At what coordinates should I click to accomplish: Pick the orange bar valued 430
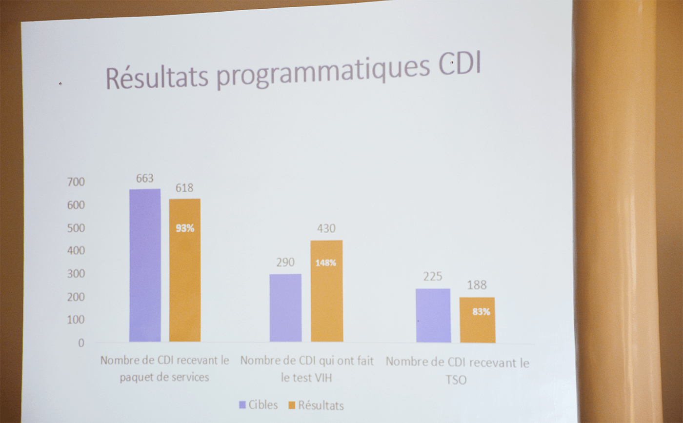pos(326,291)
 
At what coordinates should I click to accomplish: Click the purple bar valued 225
pos(433,315)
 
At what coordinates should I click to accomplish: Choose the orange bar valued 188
pos(477,320)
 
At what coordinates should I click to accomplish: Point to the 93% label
pos(185,228)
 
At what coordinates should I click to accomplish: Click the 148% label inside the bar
pos(326,262)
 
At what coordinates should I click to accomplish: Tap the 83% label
pos(481,312)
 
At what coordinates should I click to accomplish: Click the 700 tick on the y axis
pos(76,182)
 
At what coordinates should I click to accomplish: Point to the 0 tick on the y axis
pos(80,343)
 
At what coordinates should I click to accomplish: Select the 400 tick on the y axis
pos(76,251)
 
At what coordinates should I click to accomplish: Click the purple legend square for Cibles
pos(242,404)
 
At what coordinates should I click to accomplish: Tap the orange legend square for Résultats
pos(292,405)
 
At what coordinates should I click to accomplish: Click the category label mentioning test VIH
pos(307,369)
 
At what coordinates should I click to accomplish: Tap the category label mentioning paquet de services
pos(164,368)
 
